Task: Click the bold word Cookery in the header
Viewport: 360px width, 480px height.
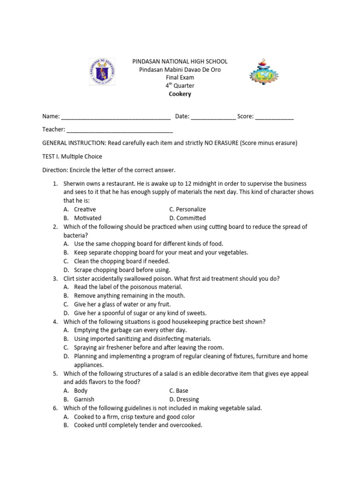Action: (180, 94)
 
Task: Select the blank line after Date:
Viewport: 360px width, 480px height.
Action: (213, 117)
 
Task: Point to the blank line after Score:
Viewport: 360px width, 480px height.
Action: (275, 117)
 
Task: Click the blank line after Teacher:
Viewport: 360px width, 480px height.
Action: (120, 130)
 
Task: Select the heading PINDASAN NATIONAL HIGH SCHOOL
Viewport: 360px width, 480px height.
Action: (180, 61)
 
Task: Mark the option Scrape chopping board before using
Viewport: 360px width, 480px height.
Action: (122, 270)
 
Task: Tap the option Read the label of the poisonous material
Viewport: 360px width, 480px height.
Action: (127, 287)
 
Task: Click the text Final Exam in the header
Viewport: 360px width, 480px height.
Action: (180, 78)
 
